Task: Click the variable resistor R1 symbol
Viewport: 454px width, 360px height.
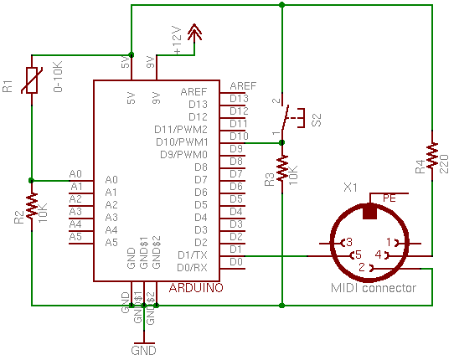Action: (32, 80)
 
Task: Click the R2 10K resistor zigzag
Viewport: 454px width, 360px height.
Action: (32, 206)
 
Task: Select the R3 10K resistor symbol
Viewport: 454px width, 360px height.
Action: (282, 168)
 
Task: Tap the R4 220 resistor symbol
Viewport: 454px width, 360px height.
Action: (432, 156)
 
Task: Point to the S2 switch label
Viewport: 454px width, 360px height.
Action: (317, 120)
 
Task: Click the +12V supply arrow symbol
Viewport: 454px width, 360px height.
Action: (194, 33)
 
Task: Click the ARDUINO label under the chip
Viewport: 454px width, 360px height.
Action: (196, 288)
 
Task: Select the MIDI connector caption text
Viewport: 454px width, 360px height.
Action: (374, 288)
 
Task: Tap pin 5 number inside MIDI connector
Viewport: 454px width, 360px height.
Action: (359, 255)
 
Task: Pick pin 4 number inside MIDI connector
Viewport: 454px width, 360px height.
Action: (379, 255)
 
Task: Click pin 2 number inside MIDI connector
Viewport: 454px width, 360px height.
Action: (362, 267)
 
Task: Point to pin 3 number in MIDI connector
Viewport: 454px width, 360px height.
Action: (349, 242)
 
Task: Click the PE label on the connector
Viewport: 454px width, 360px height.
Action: (390, 198)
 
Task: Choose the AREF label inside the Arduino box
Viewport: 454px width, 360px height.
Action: (193, 92)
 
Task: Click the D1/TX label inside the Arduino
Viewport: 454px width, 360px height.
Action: (193, 255)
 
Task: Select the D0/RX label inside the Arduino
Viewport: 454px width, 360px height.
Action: (193, 268)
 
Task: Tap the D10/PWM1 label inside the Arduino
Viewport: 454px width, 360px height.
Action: (182, 142)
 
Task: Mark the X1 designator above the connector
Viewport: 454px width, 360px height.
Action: (350, 188)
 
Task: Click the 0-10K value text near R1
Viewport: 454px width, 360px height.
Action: (58, 77)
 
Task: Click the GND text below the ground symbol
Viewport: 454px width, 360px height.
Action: (143, 351)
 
